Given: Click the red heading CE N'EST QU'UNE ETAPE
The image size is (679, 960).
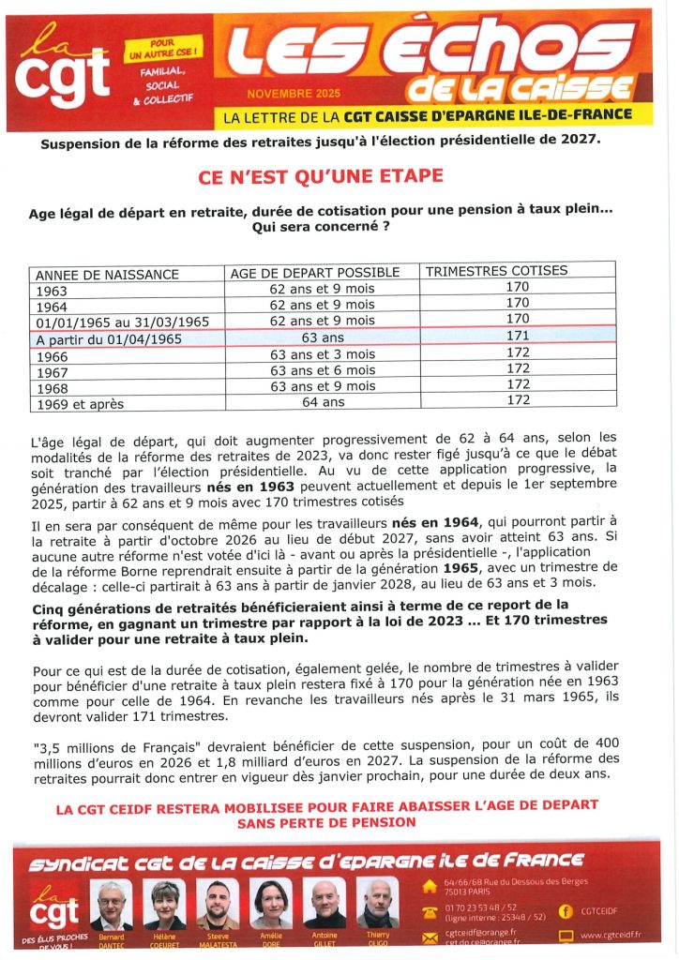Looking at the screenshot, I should pos(321,176).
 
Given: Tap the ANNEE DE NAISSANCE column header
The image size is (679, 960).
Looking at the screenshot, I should pos(106,275).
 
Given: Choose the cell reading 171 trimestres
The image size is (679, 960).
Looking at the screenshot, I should pos(518,336).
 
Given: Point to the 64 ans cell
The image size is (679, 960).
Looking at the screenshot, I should pos(322,402).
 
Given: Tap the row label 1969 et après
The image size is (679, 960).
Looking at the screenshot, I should pos(79,404).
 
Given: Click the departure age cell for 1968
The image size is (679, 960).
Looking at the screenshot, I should pos(322,386).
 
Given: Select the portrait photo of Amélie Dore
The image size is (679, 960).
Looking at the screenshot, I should pos(271,904).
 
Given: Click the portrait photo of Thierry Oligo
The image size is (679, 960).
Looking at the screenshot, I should pos(378,904).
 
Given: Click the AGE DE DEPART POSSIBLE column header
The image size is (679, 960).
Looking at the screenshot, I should pos(315,273).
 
